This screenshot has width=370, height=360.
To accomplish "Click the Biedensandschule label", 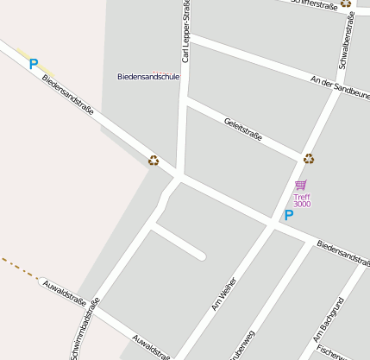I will pos(148,77).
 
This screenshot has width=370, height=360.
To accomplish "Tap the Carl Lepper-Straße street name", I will pos(186,33).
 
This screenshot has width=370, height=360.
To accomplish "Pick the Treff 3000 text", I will pos(301,200).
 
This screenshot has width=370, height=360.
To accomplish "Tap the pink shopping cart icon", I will pos(300,185).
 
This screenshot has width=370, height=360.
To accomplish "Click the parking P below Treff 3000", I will pos(289,215).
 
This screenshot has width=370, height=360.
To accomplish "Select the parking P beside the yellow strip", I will pos(34,63).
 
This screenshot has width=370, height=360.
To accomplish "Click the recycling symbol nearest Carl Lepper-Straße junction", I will pos(154,160).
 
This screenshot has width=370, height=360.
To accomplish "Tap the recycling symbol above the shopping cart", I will pos(309,158).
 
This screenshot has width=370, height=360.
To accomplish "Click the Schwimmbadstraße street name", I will pos(85,329).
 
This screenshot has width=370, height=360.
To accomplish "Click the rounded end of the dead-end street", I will pos(200,255).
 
